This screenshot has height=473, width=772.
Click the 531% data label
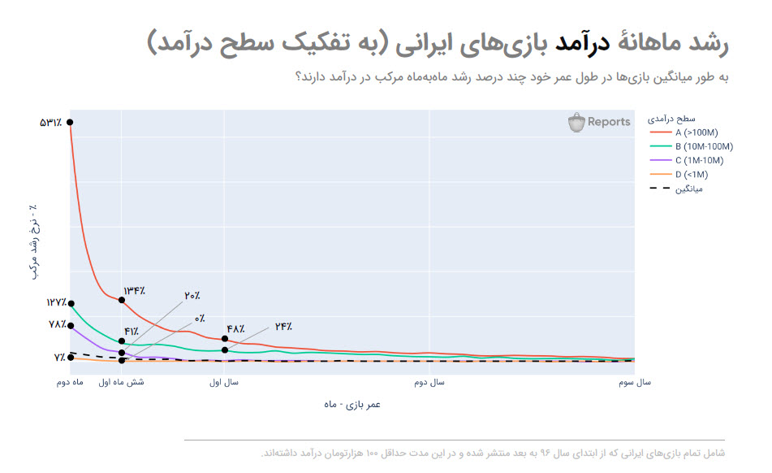[x=50, y=123]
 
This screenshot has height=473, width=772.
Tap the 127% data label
[x=56, y=302]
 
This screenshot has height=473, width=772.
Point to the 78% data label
[x=57, y=325]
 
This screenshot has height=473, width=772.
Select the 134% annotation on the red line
[x=135, y=290]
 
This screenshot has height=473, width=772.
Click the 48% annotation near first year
[x=235, y=329]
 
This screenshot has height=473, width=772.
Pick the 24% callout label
[x=283, y=327]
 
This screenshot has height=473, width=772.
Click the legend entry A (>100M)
[x=696, y=132]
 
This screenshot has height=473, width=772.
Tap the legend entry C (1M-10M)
[x=698, y=160]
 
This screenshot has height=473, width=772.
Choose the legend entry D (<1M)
[x=691, y=174]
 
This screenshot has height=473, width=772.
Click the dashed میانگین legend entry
[x=688, y=189]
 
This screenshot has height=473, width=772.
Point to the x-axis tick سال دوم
[x=429, y=381]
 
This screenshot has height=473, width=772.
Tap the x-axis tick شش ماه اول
[x=122, y=381]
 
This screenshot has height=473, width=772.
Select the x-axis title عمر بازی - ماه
[x=351, y=404]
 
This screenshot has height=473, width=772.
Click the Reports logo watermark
[x=599, y=122]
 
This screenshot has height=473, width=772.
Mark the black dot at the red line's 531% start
[x=70, y=123]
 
